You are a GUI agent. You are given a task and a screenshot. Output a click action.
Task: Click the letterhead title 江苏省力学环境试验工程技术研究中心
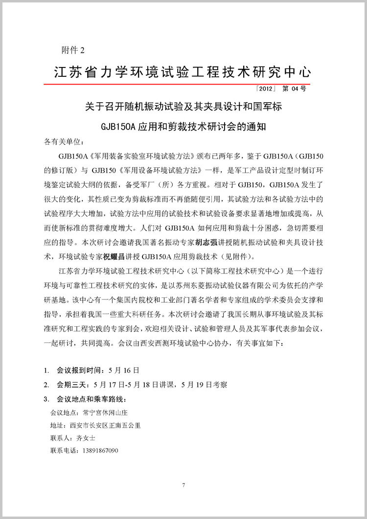click(x=182, y=72)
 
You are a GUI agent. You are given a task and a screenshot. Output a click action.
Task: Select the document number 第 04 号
click(x=295, y=89)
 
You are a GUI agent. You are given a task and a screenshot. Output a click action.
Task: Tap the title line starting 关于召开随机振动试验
click(x=183, y=106)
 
